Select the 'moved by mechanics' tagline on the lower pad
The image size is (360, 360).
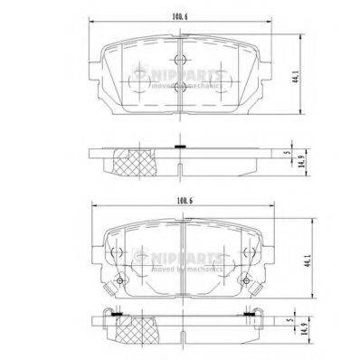[x=182, y=270]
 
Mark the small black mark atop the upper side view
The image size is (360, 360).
[x=182, y=146]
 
